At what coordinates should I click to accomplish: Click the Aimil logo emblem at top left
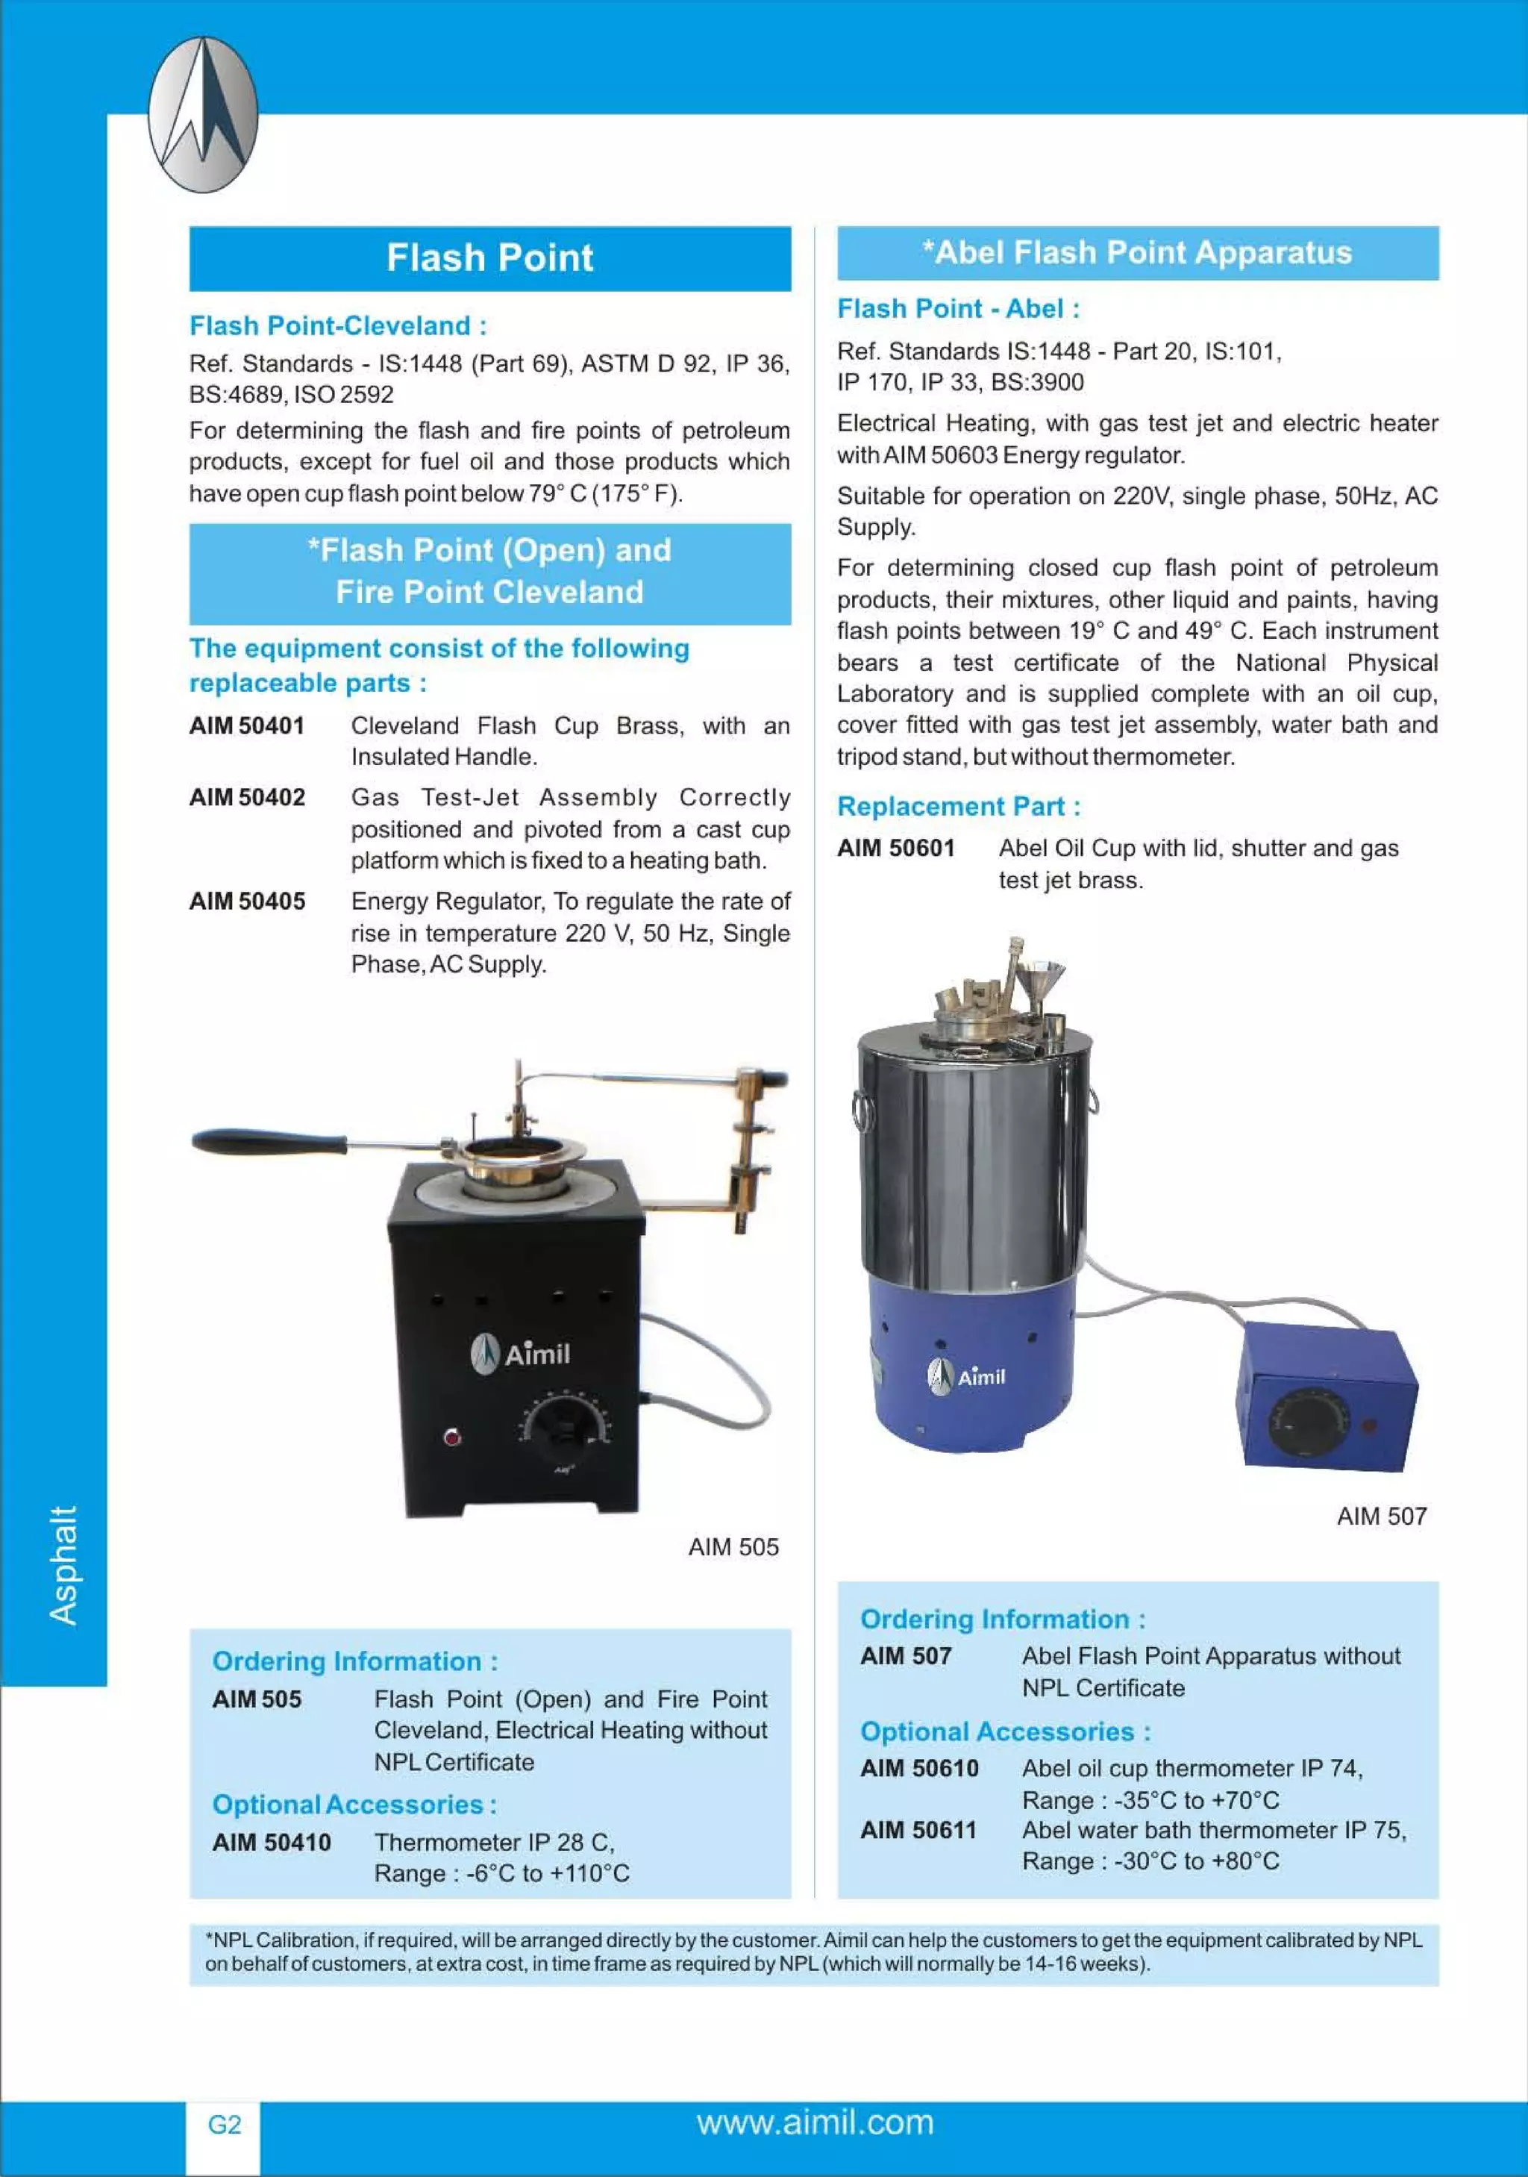203,115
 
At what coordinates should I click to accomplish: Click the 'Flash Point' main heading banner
489,258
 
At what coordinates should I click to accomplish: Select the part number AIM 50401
246,725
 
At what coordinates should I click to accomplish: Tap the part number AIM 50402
246,796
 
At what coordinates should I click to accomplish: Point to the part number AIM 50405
246,901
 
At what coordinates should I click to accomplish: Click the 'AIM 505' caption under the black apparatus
733,1546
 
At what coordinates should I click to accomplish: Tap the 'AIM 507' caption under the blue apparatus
1381,1515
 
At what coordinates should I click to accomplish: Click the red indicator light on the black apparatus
453,1437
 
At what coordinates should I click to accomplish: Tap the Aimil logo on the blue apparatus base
966,1375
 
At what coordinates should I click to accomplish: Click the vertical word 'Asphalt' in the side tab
63,1564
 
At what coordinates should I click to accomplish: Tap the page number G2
225,2124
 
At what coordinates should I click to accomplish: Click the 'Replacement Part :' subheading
957,806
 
